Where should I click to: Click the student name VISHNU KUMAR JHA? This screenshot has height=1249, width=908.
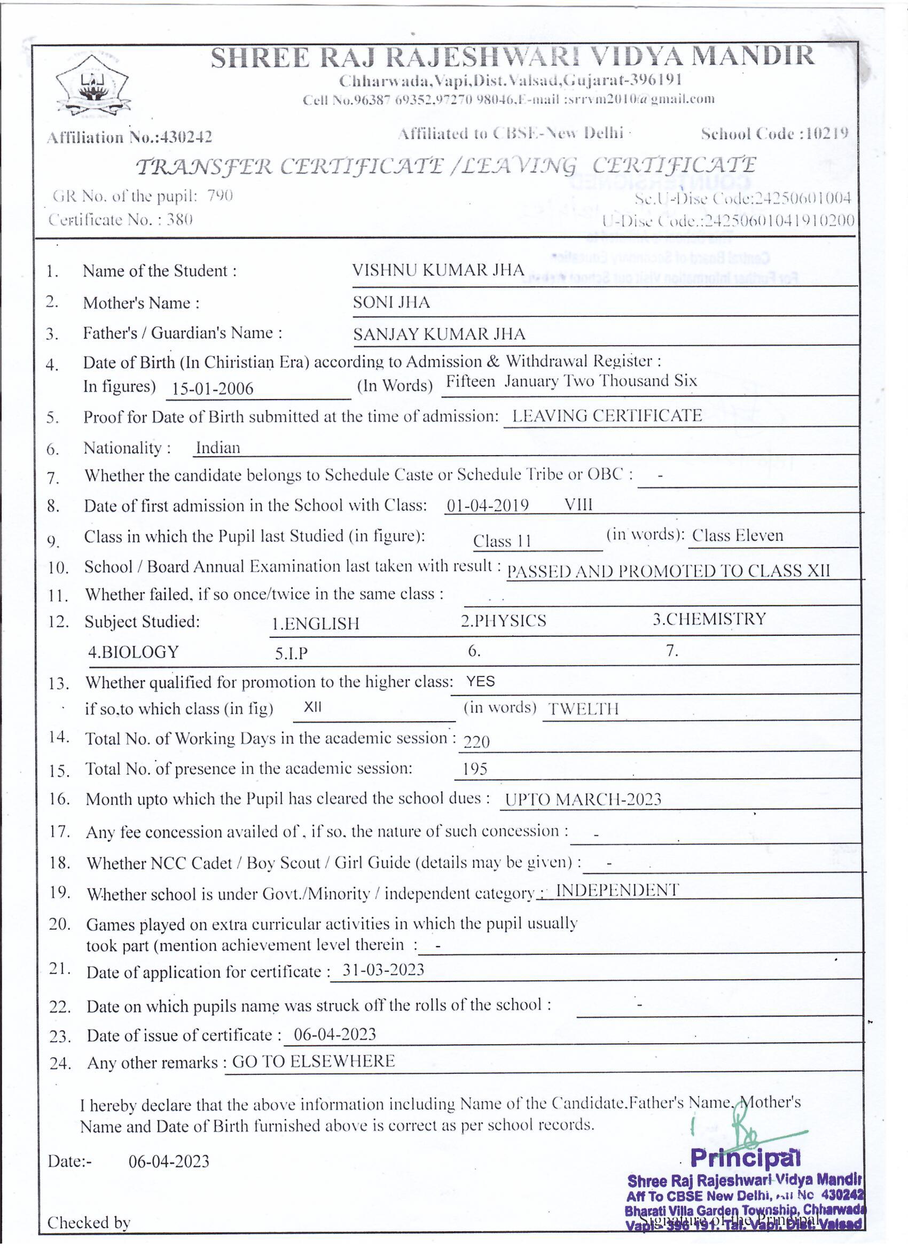[x=438, y=270]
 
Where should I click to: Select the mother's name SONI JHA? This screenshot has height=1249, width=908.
[x=391, y=302]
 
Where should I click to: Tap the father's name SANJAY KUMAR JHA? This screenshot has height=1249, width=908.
[x=439, y=334]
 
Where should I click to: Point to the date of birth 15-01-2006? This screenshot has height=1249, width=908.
[x=212, y=388]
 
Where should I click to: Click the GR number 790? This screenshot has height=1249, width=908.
[x=220, y=196]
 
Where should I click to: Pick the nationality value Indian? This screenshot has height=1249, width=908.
[x=218, y=448]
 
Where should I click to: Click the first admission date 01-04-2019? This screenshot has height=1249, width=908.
[x=487, y=505]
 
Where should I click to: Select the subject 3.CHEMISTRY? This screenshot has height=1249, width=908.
[x=709, y=619]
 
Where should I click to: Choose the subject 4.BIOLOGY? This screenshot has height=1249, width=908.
[x=133, y=652]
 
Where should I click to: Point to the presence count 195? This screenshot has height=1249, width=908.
[x=475, y=769]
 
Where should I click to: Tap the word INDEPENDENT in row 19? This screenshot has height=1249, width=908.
[x=617, y=891]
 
